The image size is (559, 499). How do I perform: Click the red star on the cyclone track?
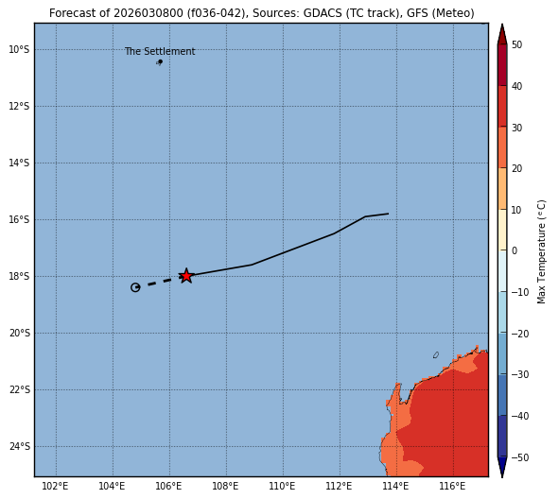pyautogui.click(x=186, y=276)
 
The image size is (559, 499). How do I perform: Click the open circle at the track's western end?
pyautogui.click(x=135, y=287)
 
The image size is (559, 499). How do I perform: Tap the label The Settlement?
pyautogui.click(x=160, y=51)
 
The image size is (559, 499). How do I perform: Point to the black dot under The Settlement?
pyautogui.click(x=161, y=61)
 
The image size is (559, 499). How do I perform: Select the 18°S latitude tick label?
pyautogui.click(x=19, y=276)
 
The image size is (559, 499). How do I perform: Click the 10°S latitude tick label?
pyautogui.click(x=19, y=49)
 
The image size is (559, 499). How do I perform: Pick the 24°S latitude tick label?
pyautogui.click(x=19, y=446)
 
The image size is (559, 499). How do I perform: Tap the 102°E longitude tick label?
pyautogui.click(x=55, y=486)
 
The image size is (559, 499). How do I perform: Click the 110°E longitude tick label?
pyautogui.click(x=283, y=486)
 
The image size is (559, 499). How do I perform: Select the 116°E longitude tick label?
pyautogui.click(x=452, y=486)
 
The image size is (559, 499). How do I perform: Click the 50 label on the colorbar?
pyautogui.click(x=517, y=44)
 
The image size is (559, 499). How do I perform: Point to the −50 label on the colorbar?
pyautogui.click(x=520, y=457)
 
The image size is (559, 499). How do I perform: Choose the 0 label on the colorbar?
pyautogui.click(x=515, y=250)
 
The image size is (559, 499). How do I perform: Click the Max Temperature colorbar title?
pyautogui.click(x=541, y=251)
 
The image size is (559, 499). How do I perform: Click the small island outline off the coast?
pyautogui.click(x=436, y=354)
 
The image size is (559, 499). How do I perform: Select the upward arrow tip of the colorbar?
pyautogui.click(x=502, y=25)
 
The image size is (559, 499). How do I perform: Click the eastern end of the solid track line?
pyautogui.click(x=388, y=214)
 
